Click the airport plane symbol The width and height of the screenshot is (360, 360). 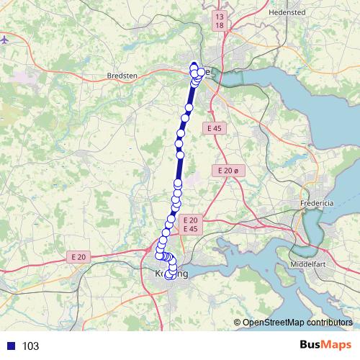point(5,39)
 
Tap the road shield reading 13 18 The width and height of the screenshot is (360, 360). point(220,20)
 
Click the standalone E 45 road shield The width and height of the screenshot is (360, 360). point(213,128)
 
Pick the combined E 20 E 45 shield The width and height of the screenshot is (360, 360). point(190,224)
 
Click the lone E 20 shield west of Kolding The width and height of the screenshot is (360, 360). point(78,256)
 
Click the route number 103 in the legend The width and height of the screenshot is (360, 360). point(30,346)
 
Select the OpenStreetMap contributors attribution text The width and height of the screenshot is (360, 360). point(297,323)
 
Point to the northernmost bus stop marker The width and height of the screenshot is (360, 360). point(193,67)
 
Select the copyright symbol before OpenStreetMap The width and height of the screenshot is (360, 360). point(237,323)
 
